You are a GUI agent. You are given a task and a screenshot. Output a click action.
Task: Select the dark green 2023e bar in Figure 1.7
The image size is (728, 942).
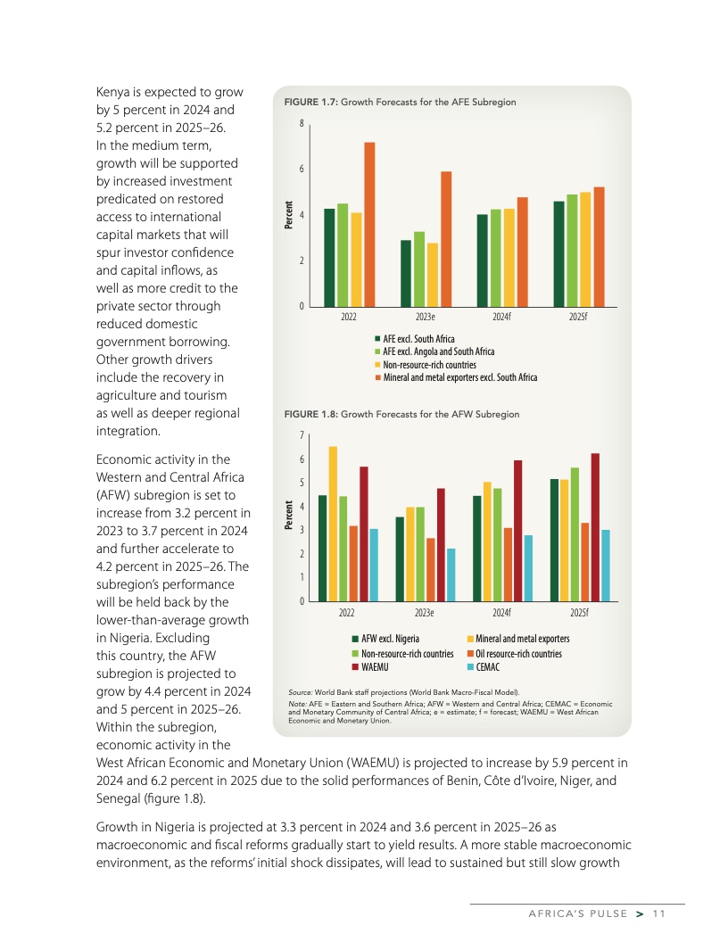[x=406, y=273]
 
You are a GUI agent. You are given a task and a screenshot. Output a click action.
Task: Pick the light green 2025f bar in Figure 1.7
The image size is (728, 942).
[x=572, y=251]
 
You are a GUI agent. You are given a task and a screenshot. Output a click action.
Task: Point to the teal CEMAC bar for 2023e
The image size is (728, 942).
[x=451, y=574]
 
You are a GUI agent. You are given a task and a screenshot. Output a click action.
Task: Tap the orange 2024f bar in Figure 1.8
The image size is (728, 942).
[x=508, y=564]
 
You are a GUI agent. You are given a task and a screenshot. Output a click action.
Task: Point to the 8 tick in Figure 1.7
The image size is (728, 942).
[x=302, y=123]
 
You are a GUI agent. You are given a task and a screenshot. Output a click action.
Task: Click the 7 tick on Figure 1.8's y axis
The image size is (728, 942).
[x=302, y=435]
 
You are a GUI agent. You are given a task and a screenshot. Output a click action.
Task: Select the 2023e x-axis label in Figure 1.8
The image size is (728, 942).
[x=425, y=612]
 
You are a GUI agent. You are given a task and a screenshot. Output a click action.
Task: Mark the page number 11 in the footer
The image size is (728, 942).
[x=659, y=913]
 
